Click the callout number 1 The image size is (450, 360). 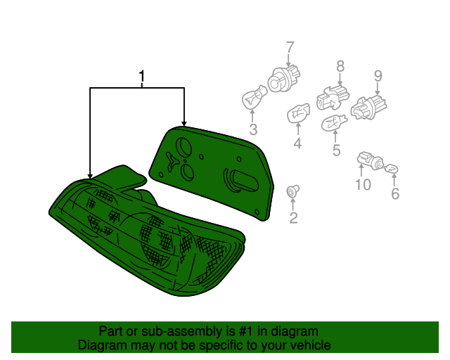[141, 77]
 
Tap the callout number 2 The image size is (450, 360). [293, 217]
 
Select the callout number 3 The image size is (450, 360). [253, 129]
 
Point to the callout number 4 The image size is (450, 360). [297, 143]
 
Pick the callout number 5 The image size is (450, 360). [336, 150]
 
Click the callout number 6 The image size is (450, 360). [395, 194]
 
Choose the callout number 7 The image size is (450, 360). [290, 48]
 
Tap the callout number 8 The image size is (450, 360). [340, 66]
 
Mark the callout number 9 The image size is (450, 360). [378, 76]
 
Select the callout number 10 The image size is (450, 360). [363, 184]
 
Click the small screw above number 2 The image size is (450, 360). [292, 191]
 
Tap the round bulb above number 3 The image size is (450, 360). [254, 97]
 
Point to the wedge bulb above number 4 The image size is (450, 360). [298, 112]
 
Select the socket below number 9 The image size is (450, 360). [368, 108]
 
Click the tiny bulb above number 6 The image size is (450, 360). [392, 169]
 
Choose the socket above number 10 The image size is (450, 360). [371, 161]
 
